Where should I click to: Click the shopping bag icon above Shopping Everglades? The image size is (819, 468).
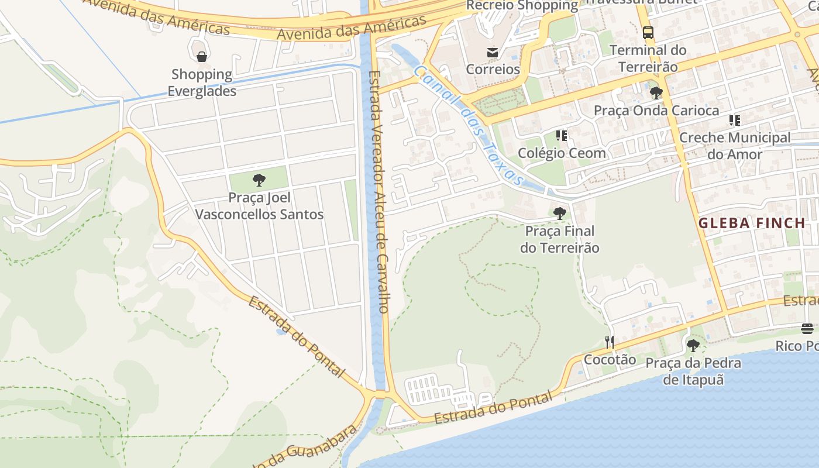coord(201,57)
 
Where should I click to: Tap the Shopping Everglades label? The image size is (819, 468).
coord(202,83)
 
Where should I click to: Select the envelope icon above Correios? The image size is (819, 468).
coord(492,53)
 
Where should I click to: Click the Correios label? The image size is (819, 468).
coord(493,69)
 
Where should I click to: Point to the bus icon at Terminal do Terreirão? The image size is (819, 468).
coord(648,33)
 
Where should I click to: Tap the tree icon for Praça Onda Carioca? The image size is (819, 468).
coord(656,92)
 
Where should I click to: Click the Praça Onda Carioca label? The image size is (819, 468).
coord(656,111)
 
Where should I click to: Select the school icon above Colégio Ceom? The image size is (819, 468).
coord(562,136)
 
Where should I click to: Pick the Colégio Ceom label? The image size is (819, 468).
coord(562,153)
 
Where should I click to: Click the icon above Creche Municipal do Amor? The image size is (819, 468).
coord(734,121)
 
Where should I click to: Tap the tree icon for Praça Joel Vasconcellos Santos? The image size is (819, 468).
coord(259,180)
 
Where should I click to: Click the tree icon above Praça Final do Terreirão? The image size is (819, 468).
coord(559,213)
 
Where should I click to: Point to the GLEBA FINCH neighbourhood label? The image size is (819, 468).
coord(752,223)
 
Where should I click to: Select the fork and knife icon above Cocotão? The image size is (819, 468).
coord(610,342)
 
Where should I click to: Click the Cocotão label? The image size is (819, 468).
coord(610,359)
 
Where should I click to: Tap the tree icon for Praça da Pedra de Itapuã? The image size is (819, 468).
coord(693,345)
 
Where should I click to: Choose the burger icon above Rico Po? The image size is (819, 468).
coord(807,329)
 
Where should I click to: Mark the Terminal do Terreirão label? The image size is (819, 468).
coord(648,58)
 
